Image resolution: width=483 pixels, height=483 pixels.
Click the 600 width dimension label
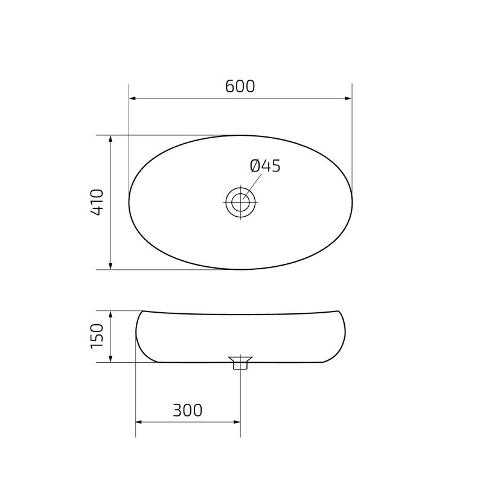pos(240,86)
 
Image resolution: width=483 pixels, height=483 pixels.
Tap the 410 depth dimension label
pos(97,202)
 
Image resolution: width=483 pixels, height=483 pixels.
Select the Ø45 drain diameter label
pos(265,166)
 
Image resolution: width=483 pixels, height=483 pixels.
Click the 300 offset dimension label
pos(187,411)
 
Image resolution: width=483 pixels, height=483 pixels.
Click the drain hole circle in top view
pos(241,202)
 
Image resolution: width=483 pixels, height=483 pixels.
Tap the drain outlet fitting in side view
pos(241,363)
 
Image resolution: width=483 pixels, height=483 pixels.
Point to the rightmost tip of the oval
pos(352,202)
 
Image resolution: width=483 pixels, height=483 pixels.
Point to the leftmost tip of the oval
pos(129,202)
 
